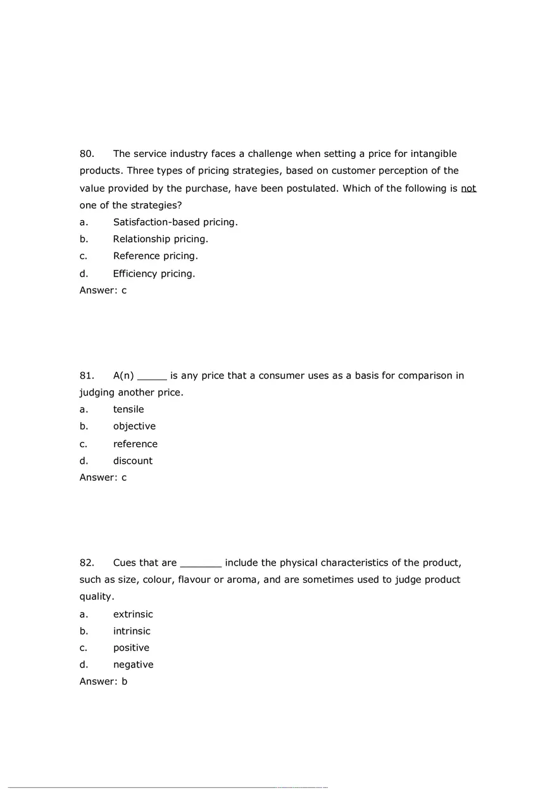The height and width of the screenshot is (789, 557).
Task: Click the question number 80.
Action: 87,154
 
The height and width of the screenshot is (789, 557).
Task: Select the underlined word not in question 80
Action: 468,189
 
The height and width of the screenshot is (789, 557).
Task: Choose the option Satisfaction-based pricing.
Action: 175,222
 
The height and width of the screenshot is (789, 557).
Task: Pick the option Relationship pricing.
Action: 160,239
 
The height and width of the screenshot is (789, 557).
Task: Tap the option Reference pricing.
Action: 155,256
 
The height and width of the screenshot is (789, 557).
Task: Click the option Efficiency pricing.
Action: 154,274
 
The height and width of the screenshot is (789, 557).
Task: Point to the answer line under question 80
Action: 103,290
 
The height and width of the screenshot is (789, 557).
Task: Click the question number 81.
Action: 87,376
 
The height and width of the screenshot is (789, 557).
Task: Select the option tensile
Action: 128,409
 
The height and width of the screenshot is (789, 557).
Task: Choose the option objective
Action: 134,426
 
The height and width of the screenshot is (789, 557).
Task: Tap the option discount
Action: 133,461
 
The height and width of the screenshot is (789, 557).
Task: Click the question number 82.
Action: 87,563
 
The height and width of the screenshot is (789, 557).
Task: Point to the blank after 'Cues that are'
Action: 201,564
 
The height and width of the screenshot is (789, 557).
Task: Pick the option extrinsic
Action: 133,614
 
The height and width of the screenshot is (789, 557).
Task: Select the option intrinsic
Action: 132,631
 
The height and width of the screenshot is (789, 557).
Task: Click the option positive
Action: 131,648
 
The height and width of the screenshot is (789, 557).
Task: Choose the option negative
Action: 133,665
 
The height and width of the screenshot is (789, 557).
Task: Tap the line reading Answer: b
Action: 103,682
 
